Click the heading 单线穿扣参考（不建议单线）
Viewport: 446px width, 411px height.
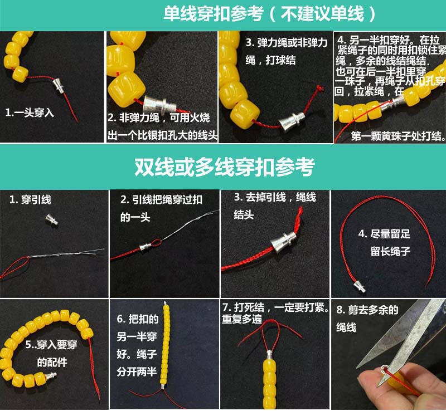pyautogui.click(x=269, y=13)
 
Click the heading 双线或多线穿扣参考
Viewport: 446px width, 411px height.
pyautogui.click(x=225, y=167)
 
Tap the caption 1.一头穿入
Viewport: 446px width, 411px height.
pyautogui.click(x=30, y=112)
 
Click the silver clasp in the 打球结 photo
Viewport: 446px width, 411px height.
pyautogui.click(x=292, y=121)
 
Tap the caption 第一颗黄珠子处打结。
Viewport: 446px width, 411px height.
pyautogui.click(x=398, y=136)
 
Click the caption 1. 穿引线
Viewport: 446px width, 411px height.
pyautogui.click(x=30, y=199)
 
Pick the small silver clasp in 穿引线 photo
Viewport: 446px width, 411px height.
pyautogui.click(x=52, y=219)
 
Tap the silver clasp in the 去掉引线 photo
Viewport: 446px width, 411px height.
pyautogui.click(x=283, y=242)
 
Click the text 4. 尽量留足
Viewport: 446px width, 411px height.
pyautogui.click(x=384, y=234)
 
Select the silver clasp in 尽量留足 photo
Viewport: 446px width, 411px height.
pyautogui.click(x=360, y=286)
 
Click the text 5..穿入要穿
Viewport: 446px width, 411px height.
pyautogui.click(x=51, y=345)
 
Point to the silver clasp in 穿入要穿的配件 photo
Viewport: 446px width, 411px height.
pyautogui.click(x=50, y=376)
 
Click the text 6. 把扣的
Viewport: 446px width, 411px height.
pyautogui.click(x=137, y=319)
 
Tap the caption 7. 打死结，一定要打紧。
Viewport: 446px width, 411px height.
pyautogui.click(x=275, y=307)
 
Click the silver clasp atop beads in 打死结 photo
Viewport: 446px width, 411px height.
pyautogui.click(x=269, y=354)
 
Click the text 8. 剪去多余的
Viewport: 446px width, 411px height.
pyautogui.click(x=367, y=310)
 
